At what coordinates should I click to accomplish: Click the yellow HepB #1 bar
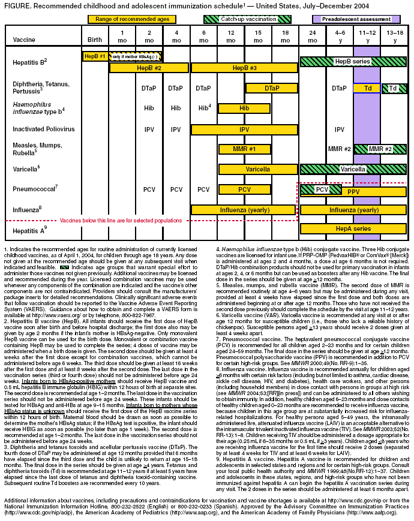(x=95, y=56)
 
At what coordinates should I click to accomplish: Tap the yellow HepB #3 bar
(x=244, y=68)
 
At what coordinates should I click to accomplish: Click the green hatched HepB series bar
(x=352, y=62)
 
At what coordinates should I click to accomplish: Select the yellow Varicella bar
(x=257, y=170)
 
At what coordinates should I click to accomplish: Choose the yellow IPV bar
(x=244, y=129)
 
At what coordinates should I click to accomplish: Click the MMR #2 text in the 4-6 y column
(x=339, y=149)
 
